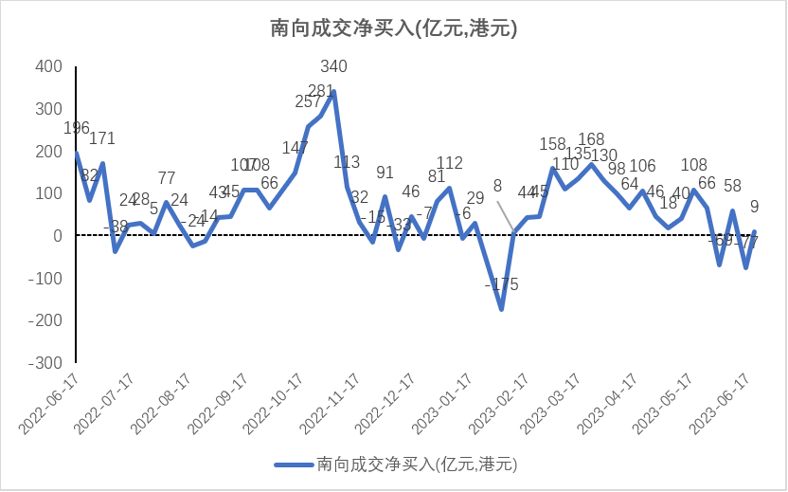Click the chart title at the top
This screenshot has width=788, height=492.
tap(393, 29)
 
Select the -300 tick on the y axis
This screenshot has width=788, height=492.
tap(46, 363)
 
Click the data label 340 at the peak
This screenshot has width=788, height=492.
tap(334, 66)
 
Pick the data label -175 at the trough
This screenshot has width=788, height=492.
tap(501, 284)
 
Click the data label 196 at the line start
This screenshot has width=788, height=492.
tap(76, 128)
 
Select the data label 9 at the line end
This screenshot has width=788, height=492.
tap(754, 206)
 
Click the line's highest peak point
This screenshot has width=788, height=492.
tap(333, 92)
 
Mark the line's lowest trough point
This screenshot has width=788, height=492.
tap(501, 309)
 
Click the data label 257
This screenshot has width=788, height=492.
tap(309, 102)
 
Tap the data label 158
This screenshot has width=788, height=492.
tap(552, 144)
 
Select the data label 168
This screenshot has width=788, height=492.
tap(591, 140)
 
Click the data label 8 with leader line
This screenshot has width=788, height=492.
tap(497, 187)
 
